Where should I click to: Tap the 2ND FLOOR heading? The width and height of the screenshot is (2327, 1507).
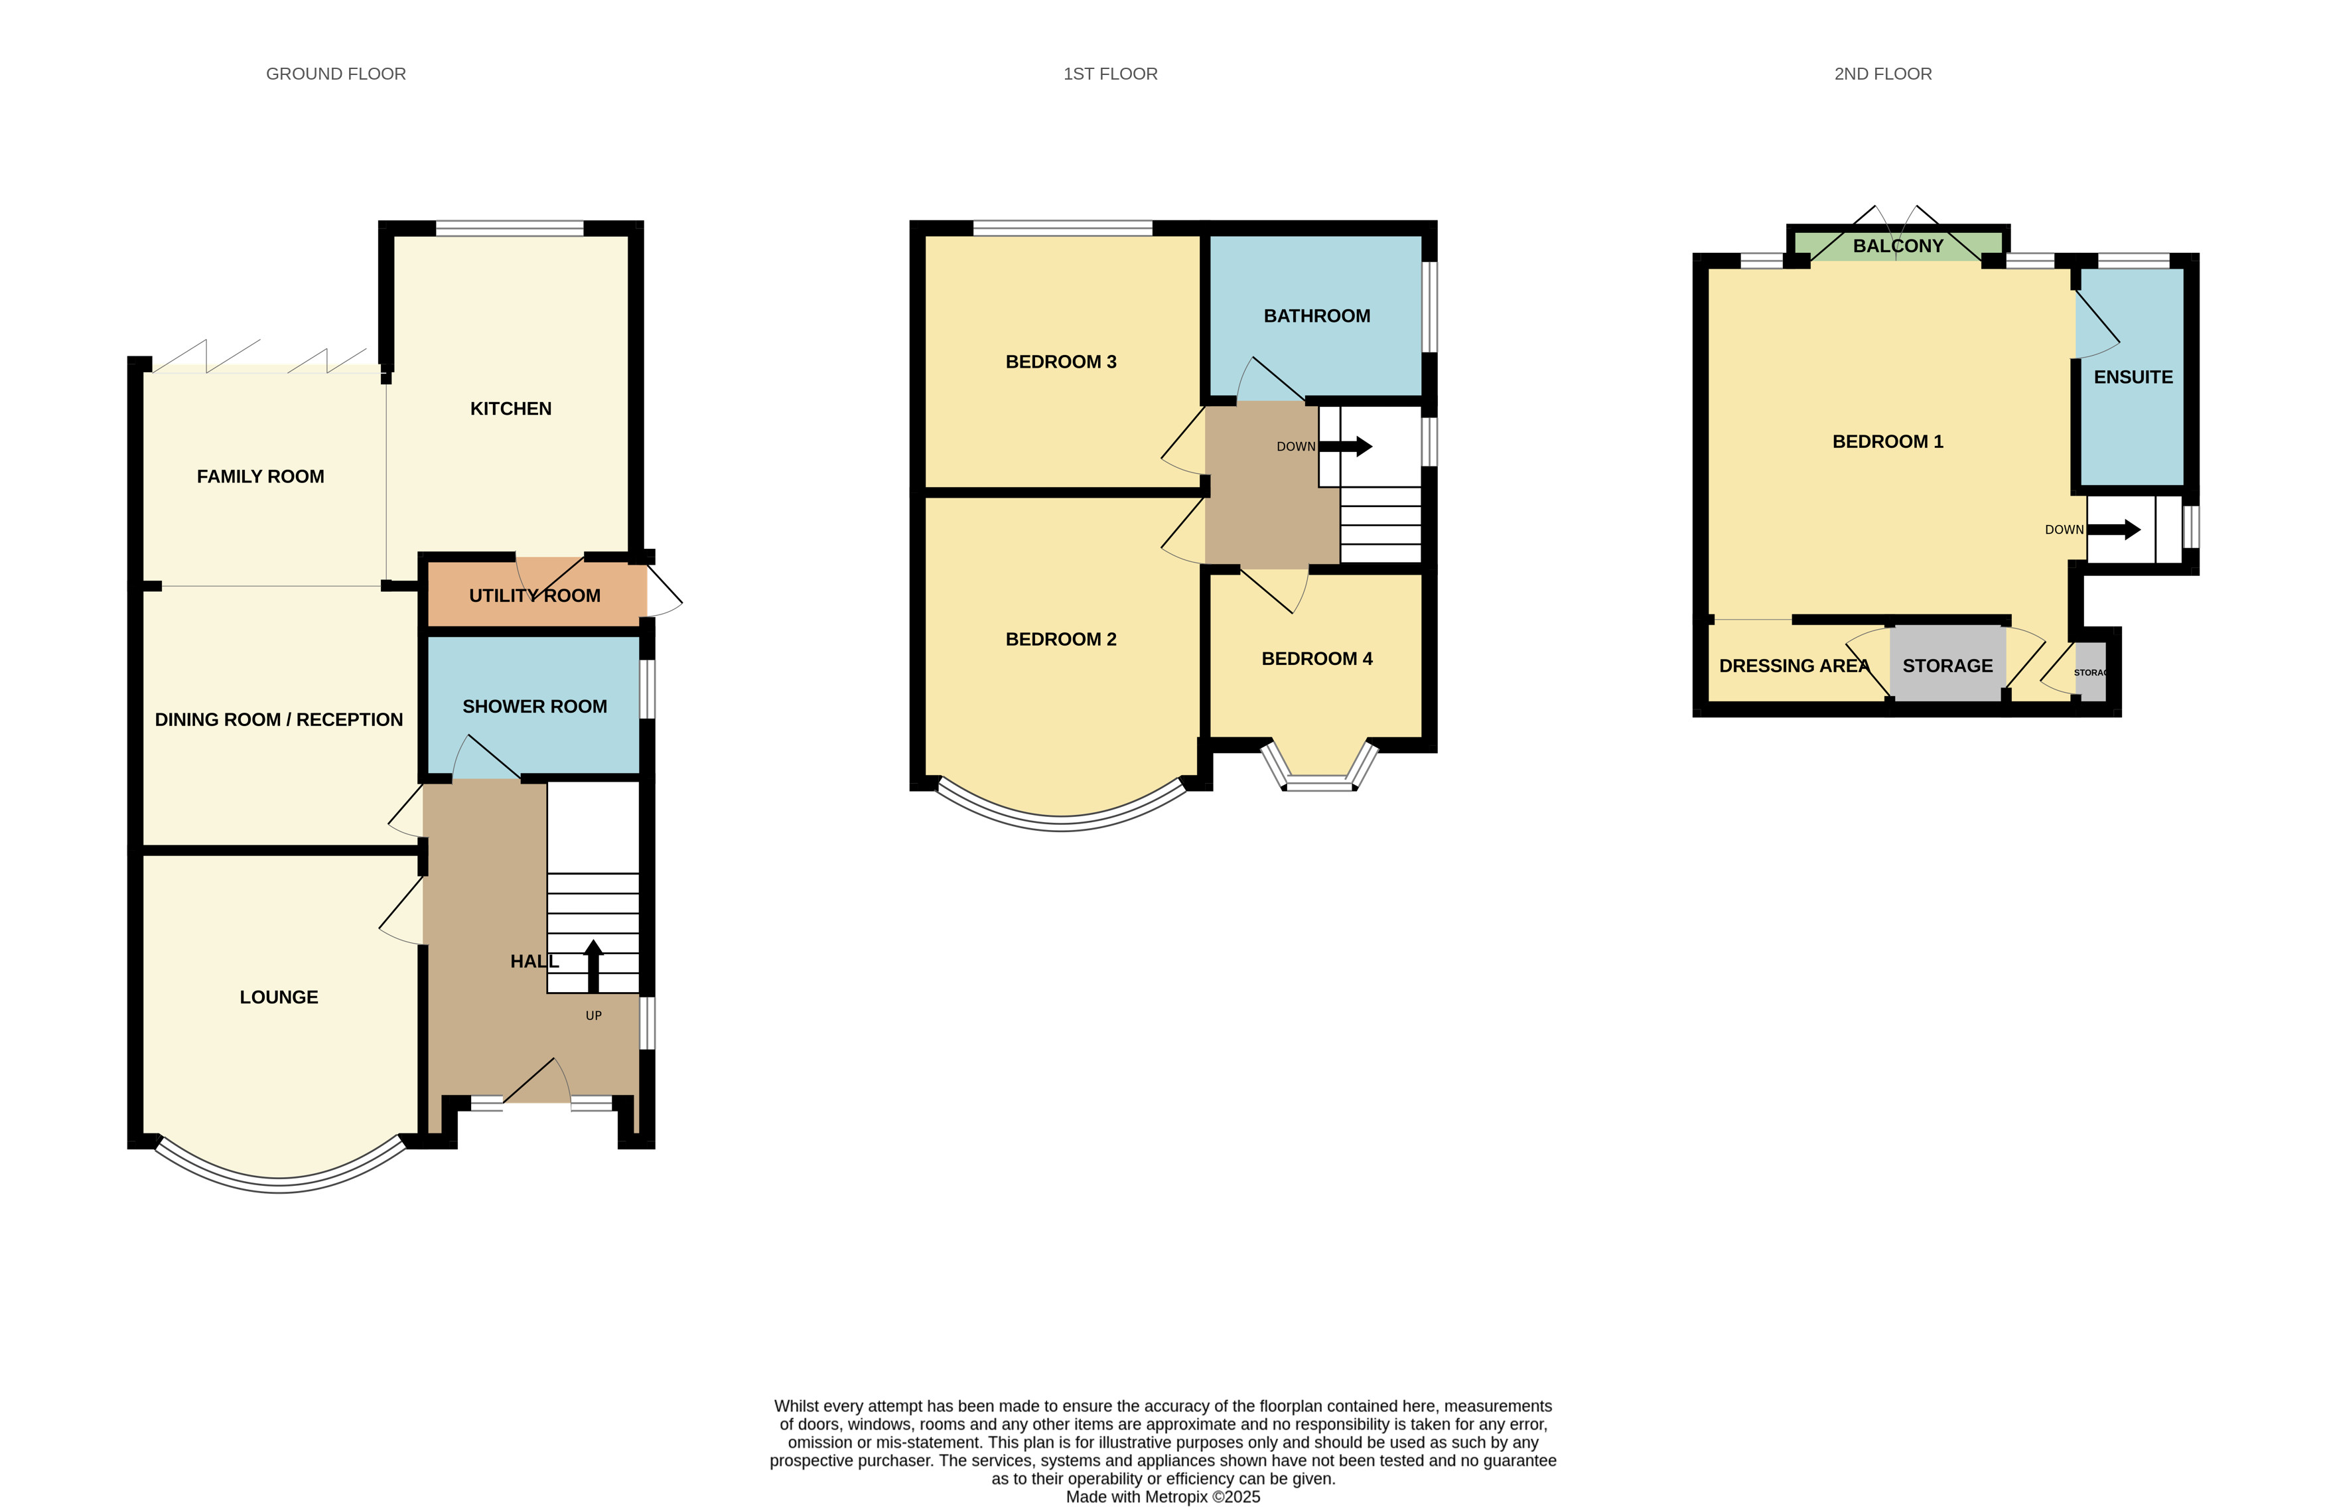tap(1882, 74)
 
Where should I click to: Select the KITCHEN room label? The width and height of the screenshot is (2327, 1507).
tap(510, 409)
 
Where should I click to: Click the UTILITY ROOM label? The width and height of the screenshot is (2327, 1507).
tap(535, 595)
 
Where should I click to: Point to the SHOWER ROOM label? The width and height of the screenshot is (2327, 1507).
tap(535, 706)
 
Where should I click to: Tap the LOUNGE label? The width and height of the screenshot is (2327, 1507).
tap(279, 997)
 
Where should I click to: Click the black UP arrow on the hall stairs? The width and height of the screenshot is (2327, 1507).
tap(593, 966)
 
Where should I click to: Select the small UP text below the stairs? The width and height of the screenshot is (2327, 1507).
tap(593, 1015)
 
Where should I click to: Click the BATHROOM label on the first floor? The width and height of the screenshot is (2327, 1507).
tap(1317, 316)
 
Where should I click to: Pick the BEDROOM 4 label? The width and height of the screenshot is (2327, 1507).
tap(1317, 659)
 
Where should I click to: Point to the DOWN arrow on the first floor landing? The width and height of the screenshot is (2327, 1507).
tap(1346, 447)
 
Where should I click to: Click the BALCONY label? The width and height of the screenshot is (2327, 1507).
tap(1898, 246)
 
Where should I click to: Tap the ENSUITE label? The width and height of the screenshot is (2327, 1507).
tap(2133, 378)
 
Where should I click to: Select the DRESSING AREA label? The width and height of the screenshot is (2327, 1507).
tap(1794, 666)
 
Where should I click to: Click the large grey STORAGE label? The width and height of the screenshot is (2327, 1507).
tap(1947, 666)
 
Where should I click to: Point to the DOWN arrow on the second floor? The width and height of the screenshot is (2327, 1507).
tap(2114, 530)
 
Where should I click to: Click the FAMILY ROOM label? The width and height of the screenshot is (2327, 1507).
tap(260, 476)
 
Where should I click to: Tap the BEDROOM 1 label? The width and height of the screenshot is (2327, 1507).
tap(1887, 441)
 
